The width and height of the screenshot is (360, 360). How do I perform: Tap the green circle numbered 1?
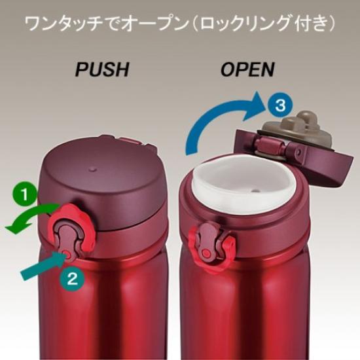coord(24,195)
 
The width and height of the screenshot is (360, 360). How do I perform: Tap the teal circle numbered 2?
coord(72,279)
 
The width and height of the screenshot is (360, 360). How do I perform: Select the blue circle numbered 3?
coord(277,103)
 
